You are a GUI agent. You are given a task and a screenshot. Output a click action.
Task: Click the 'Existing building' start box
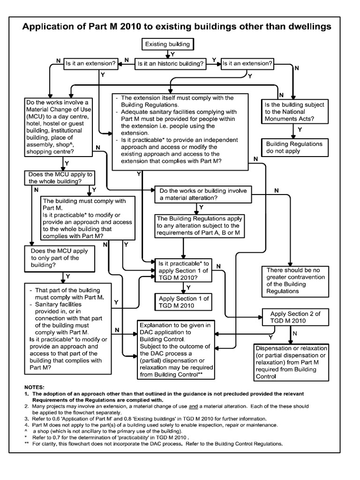pos(167,45)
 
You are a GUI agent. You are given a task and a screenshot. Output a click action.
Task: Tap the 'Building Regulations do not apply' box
pos(294,148)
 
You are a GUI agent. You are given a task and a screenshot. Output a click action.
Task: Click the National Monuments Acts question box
pos(294,112)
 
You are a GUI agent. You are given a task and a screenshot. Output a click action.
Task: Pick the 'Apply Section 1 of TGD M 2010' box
pos(184,302)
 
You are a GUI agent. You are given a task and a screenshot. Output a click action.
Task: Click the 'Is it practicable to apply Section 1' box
pos(184,270)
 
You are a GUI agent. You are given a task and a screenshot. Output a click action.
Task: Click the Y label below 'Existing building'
pos(172,55)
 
